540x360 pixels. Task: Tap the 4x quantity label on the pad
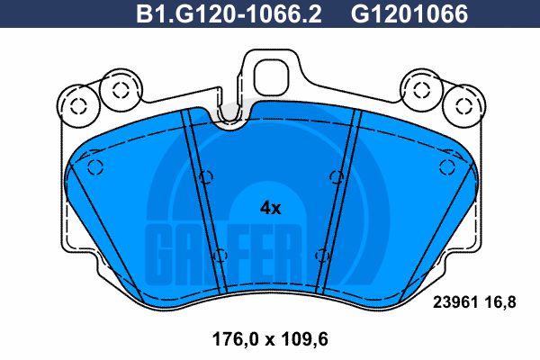[x=270, y=207]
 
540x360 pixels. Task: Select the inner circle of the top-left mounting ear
[x=115, y=89]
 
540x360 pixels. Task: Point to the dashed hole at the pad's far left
[x=96, y=167]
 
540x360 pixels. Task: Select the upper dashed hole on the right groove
[x=334, y=175]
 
